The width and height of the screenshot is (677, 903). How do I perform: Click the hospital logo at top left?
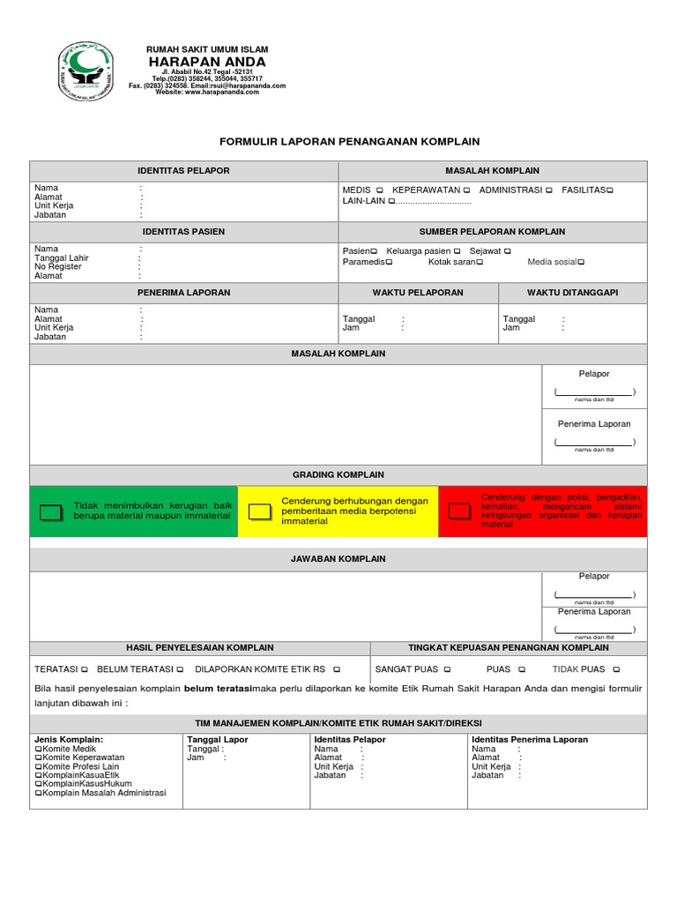(85, 70)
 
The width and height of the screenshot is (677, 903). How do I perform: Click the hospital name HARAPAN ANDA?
(207, 62)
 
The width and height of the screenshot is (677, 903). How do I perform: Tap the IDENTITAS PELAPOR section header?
(183, 170)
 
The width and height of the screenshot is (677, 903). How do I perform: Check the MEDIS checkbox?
(379, 190)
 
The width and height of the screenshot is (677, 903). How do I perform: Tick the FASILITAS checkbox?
(608, 190)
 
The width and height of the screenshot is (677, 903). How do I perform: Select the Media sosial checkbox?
(581, 262)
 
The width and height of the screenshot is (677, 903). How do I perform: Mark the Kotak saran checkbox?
(479, 262)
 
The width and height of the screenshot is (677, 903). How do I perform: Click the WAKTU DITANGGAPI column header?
(572, 293)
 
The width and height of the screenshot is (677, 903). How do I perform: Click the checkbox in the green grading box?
(52, 511)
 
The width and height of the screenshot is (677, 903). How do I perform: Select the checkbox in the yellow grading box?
(260, 511)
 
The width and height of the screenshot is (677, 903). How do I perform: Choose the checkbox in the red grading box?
(459, 511)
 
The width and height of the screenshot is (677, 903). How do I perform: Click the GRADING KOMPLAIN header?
(338, 474)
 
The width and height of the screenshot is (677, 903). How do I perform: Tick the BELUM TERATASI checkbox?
(180, 669)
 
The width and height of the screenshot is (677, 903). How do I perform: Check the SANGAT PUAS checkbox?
(447, 669)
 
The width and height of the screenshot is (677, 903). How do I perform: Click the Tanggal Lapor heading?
(217, 739)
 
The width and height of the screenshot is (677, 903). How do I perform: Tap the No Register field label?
(58, 266)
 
